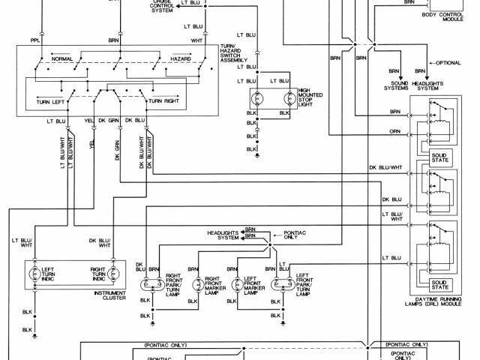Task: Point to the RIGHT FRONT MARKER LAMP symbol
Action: click(x=198, y=284)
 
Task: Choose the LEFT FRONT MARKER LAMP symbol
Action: click(x=238, y=284)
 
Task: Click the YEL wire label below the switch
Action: click(x=89, y=120)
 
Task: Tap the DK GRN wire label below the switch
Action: click(x=113, y=120)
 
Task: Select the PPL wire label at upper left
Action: click(x=35, y=39)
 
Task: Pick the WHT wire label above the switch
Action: click(x=196, y=39)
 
